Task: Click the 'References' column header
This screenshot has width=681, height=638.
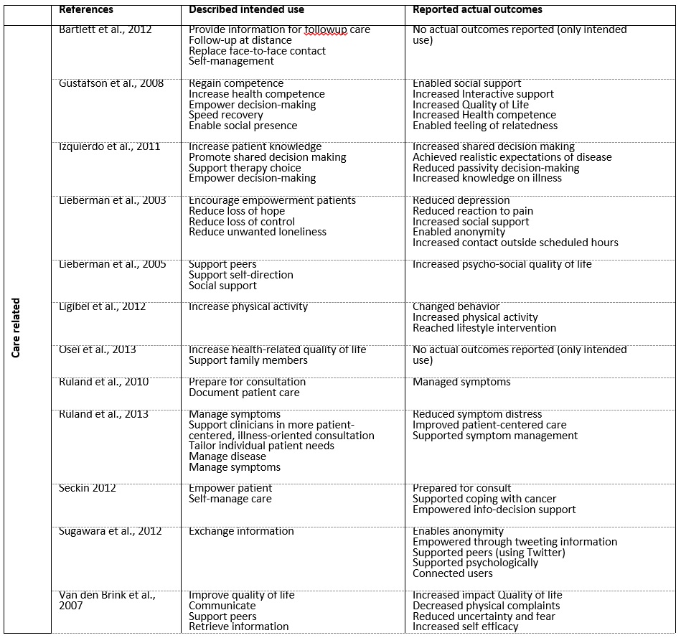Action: coord(85,10)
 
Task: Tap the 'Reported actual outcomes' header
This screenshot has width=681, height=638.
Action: coord(477,10)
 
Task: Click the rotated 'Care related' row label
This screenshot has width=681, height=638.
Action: coord(17,327)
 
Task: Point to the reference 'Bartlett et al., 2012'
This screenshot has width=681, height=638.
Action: coord(106,30)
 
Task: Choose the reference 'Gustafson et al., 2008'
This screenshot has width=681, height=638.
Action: coord(111,84)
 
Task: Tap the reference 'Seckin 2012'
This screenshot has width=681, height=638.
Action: coord(88,489)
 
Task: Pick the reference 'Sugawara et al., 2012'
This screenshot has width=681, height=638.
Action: coord(111,532)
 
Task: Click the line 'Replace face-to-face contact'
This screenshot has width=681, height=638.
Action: coord(257,51)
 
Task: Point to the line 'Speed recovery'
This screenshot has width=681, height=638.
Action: coord(226,116)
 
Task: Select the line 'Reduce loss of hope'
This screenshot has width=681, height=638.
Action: coord(237,211)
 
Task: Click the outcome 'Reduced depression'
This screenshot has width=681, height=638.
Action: coord(461,201)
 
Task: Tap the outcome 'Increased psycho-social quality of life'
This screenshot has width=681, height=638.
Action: coord(502,265)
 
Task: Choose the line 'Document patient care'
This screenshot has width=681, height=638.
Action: coord(244,393)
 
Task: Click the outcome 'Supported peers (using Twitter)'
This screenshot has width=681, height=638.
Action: coord(489,553)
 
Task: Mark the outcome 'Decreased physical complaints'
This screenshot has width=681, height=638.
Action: coord(486,606)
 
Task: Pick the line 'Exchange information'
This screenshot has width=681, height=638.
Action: coord(241,532)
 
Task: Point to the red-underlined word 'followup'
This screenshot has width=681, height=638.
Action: coord(324,30)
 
